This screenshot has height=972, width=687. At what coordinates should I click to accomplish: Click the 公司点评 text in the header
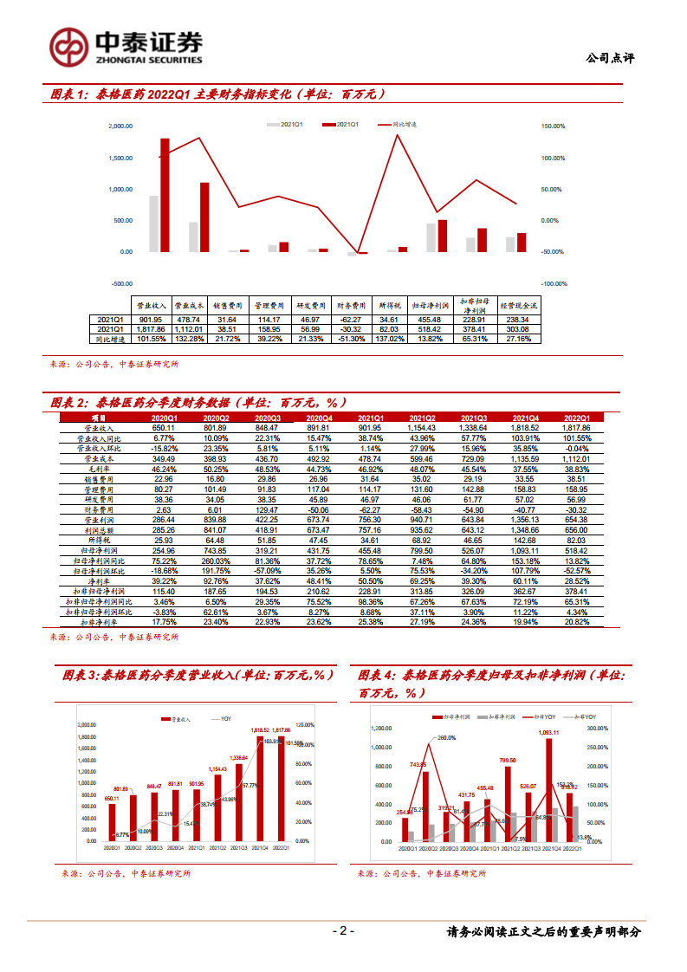pos(610,58)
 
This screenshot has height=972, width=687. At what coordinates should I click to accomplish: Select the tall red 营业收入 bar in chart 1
pos(165,195)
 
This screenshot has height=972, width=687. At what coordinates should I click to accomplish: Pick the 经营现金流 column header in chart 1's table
pos(522,306)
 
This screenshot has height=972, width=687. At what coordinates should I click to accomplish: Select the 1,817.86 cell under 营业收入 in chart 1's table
pos(153,328)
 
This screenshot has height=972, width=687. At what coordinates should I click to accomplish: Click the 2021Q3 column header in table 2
pos(474,418)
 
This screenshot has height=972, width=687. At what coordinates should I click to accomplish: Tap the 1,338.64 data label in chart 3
pos(238,758)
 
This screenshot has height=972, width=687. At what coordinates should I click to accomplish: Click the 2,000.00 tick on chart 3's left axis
pos(86,725)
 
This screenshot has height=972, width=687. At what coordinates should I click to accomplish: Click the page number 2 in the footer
pos(343,932)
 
